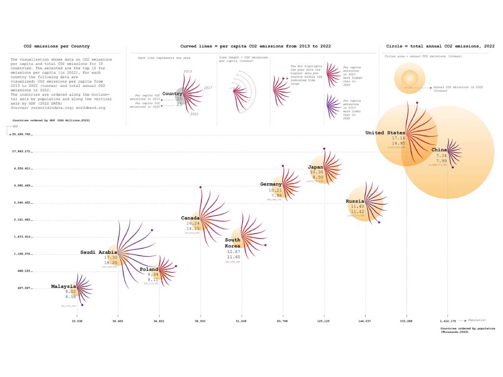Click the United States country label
(386, 133)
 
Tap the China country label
(440, 150)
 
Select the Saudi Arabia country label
(99, 252)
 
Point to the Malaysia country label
(64, 286)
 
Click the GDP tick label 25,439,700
(21, 134)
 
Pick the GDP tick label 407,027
(22, 288)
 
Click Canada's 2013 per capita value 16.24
(193, 223)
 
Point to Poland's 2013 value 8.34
(152, 274)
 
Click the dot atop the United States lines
(417, 103)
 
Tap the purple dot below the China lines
(453, 168)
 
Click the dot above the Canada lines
(200, 187)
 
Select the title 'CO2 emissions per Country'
(57, 46)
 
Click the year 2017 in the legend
(207, 88)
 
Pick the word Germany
(271, 184)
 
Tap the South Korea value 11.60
(233, 257)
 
